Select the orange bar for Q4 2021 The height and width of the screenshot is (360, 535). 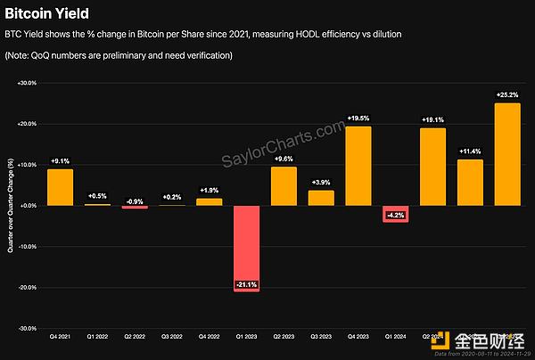click(x=61, y=187)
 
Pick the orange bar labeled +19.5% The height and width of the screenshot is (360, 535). click(x=358, y=166)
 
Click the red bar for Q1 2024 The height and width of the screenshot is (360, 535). click(x=396, y=214)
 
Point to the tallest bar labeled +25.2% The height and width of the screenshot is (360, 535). click(x=507, y=154)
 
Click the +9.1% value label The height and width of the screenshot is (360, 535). click(x=61, y=162)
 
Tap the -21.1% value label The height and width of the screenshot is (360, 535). click(x=247, y=284)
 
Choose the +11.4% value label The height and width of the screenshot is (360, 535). click(x=470, y=152)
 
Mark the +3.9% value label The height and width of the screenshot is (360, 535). click(x=321, y=184)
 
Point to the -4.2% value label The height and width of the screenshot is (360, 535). click(x=396, y=215)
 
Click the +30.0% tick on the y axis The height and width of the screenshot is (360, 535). click(x=27, y=83)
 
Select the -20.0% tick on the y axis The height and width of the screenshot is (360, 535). click(x=27, y=288)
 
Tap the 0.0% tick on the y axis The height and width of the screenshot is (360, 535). click(x=29, y=206)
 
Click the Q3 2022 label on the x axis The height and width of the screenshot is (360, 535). click(x=172, y=337)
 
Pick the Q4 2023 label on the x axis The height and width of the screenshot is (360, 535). click(x=358, y=337)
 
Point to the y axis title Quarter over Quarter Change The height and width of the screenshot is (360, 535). click(x=10, y=205)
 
